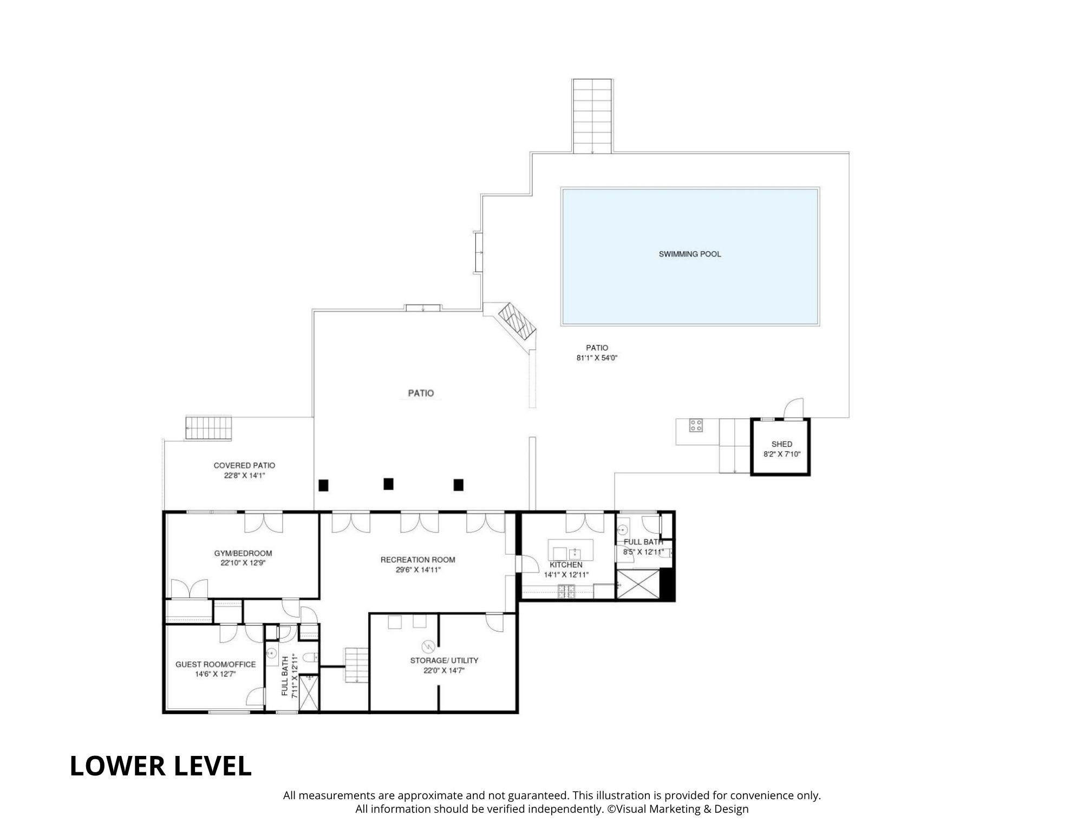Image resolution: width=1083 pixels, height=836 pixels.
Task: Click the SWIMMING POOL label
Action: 689,254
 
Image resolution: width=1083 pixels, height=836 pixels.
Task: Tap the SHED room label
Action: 781,444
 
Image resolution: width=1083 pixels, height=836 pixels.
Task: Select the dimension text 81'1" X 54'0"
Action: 597,358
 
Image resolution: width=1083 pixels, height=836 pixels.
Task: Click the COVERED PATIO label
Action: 244,465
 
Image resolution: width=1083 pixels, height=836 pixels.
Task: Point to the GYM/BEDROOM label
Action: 243,553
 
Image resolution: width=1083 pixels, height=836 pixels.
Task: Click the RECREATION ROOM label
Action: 417,559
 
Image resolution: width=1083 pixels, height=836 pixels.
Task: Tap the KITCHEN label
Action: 566,565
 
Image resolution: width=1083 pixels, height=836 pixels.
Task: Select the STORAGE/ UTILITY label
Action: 444,660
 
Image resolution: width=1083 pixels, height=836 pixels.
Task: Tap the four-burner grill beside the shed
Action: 696,425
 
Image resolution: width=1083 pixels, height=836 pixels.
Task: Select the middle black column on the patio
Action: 388,484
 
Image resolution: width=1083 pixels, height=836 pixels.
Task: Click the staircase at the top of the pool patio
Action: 592,116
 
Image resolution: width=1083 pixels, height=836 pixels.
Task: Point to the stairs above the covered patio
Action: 208,427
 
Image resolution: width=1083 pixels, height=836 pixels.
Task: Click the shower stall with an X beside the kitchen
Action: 638,583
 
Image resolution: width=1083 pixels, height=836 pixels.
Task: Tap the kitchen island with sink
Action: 571,550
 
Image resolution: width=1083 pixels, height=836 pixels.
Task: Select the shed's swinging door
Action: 795,409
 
